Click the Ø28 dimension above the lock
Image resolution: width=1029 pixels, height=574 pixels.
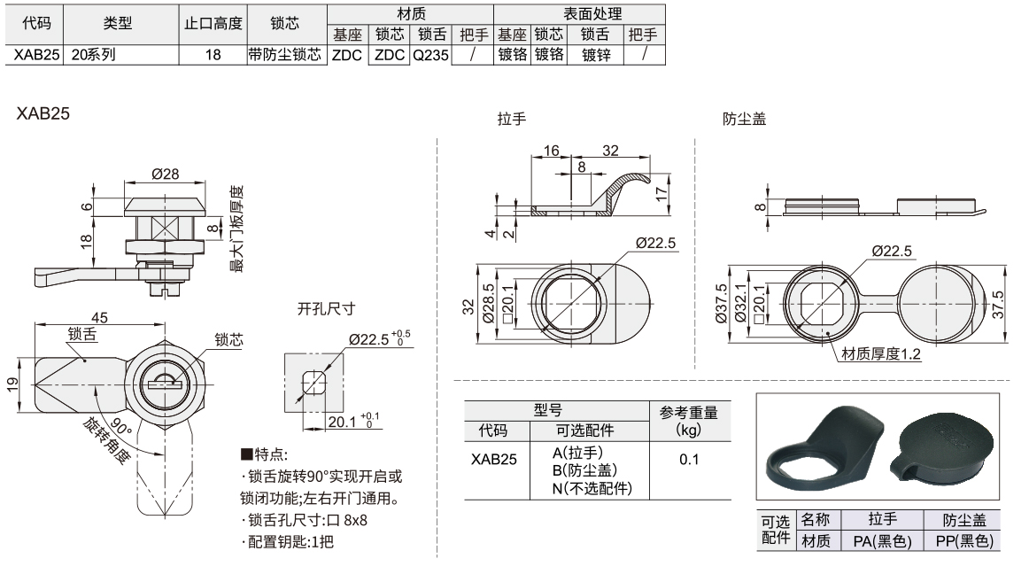click(x=166, y=175)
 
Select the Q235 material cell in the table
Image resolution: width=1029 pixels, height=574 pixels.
click(x=431, y=55)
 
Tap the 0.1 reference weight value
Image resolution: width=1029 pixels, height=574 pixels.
click(x=689, y=460)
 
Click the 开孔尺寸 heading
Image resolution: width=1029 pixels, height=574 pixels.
click(x=325, y=309)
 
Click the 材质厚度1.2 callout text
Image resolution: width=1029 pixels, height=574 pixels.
click(x=881, y=354)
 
